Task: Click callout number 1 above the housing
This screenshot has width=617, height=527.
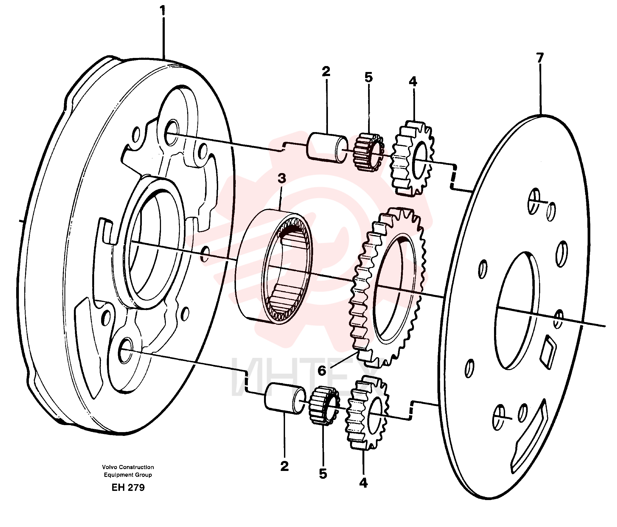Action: (x=163, y=11)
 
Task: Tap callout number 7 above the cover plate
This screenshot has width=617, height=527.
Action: (x=540, y=58)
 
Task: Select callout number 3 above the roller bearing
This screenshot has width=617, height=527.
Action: (x=282, y=178)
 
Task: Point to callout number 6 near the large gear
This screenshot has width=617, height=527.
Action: (x=322, y=371)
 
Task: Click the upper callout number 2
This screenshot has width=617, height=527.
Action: (x=326, y=72)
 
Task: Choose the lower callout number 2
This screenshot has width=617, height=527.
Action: (x=284, y=466)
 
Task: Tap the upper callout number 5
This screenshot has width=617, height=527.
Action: (x=369, y=78)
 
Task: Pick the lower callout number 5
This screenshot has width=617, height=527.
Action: (x=323, y=474)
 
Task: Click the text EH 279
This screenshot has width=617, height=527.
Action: (x=128, y=487)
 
